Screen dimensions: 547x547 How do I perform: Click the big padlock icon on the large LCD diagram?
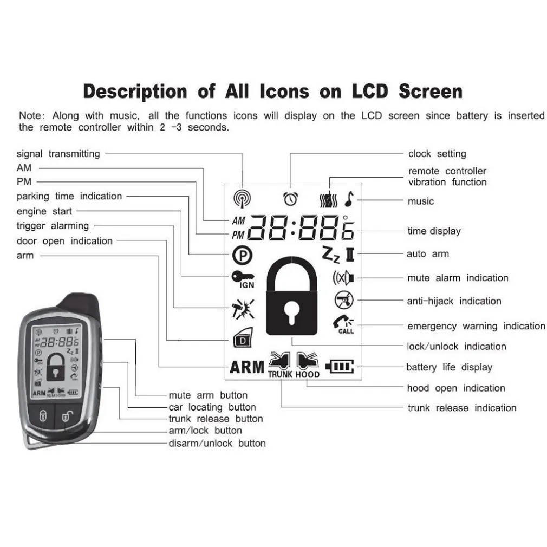pos(292,297)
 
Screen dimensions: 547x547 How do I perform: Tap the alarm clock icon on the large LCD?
pos(291,199)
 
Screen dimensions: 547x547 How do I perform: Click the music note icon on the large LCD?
pos(349,199)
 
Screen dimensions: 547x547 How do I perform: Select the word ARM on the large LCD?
pos(247,368)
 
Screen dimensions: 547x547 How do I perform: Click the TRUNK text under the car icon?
pos(280,374)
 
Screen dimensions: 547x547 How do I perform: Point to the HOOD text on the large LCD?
pos(308,374)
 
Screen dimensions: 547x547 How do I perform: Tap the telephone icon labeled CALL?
pos(343,324)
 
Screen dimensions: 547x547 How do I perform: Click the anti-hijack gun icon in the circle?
pos(342,299)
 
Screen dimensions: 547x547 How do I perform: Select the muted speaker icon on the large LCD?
pos(343,278)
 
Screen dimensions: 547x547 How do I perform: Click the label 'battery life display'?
pos(449,367)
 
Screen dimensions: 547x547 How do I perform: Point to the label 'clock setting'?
pos(437,154)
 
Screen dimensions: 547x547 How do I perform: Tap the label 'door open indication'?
pos(64,241)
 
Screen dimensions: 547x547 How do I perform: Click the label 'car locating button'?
pos(212,407)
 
